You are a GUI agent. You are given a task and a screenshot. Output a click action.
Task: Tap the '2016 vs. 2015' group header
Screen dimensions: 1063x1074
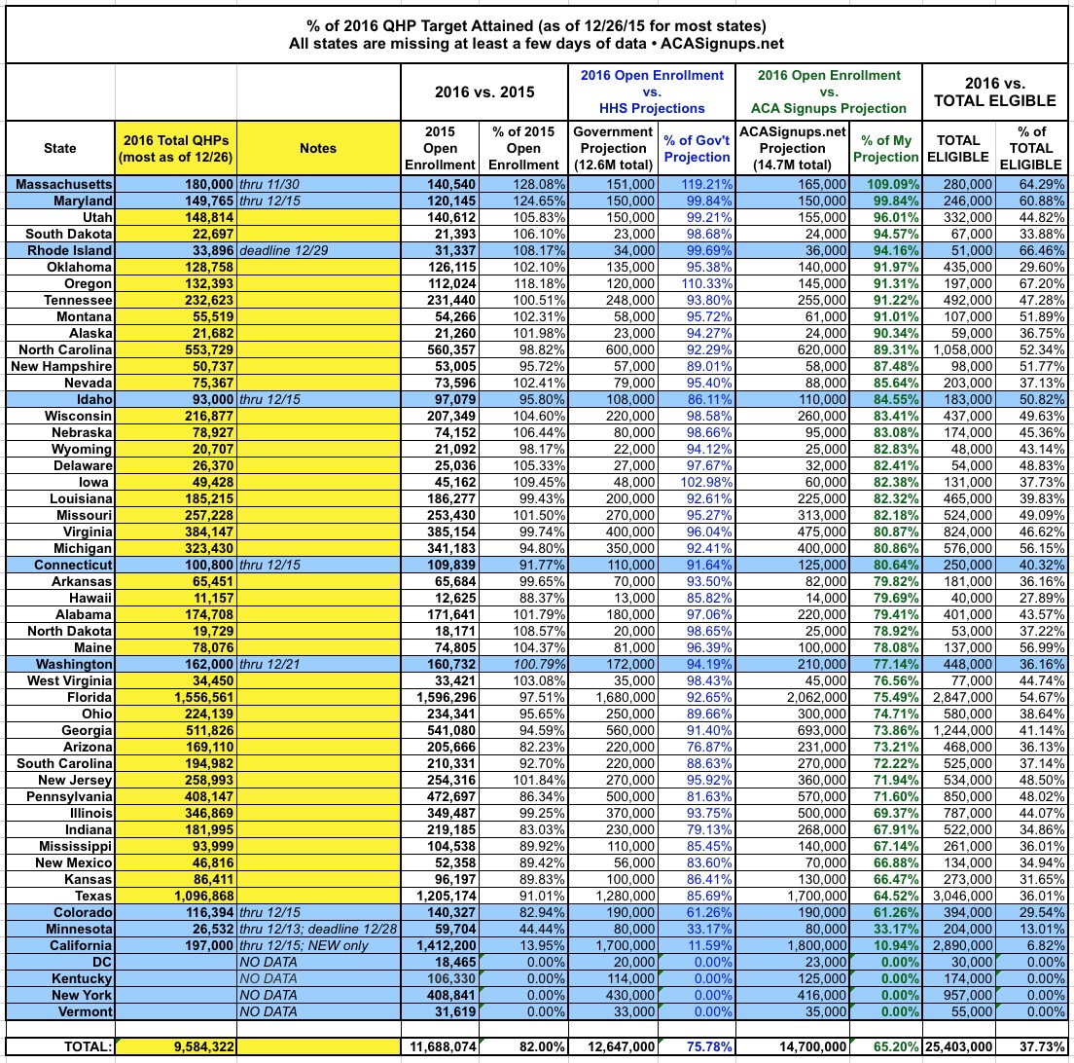[483, 92]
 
